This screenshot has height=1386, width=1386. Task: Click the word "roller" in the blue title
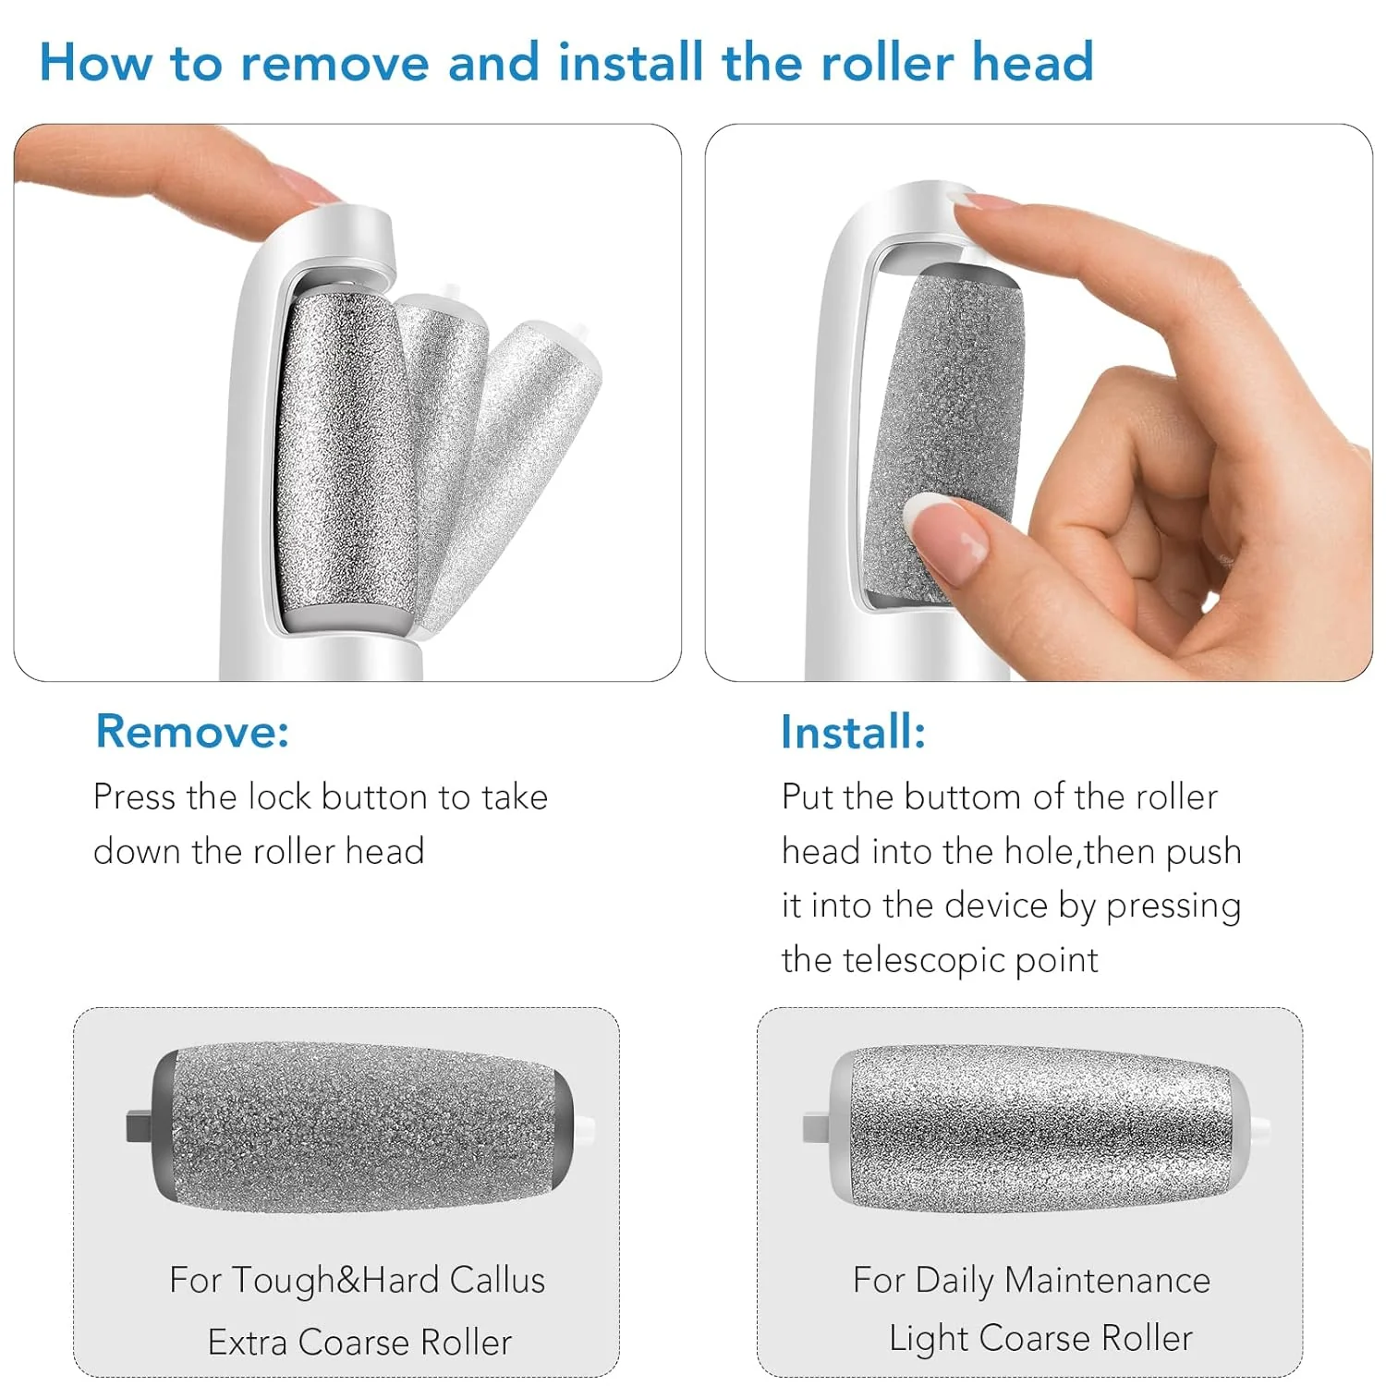click(887, 63)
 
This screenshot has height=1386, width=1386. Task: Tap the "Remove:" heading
click(192, 732)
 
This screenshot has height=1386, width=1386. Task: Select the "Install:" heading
click(853, 732)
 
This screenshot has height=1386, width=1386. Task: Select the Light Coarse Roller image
click(1039, 1127)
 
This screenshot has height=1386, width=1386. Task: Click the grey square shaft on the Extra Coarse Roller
click(139, 1125)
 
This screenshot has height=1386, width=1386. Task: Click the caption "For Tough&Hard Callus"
click(357, 1281)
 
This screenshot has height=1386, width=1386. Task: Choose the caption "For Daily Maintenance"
click(1031, 1281)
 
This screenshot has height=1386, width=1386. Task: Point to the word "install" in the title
click(630, 63)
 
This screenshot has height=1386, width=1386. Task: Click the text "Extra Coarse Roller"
click(359, 1342)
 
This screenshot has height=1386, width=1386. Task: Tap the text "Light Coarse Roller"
click(1040, 1338)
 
